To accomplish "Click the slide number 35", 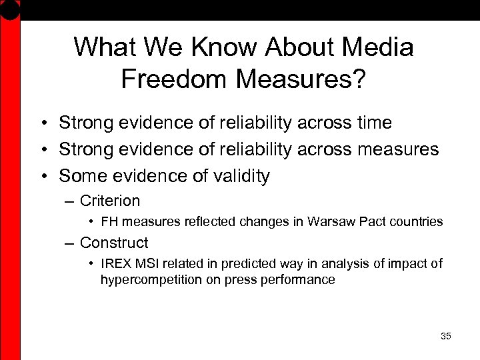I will point(446,336).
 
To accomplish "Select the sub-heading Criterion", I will point(109,201).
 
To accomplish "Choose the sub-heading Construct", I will point(113,243).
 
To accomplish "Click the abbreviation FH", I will point(110,221).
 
